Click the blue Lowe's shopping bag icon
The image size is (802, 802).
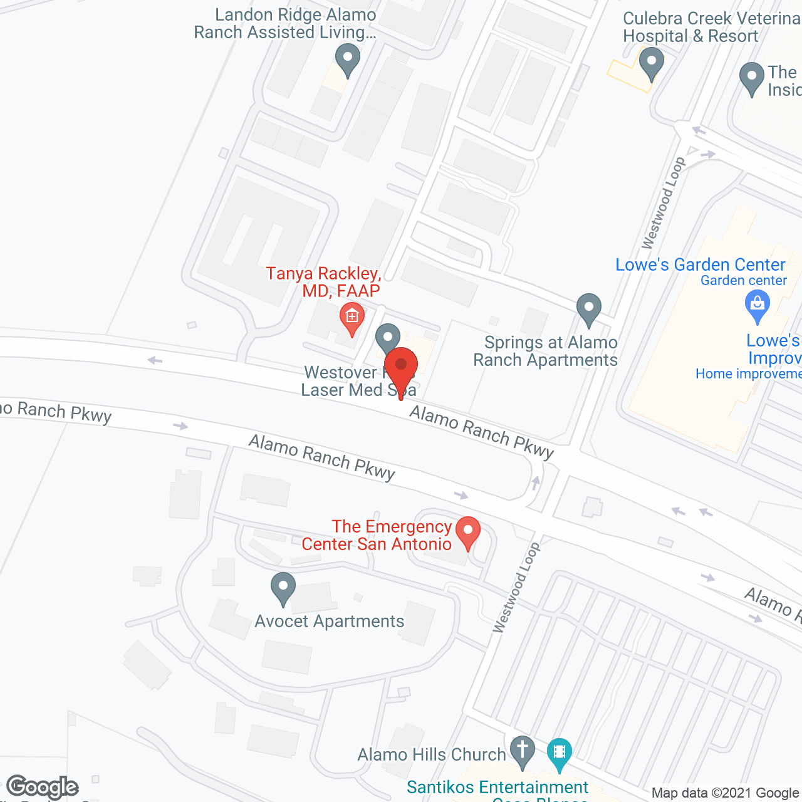tap(758, 306)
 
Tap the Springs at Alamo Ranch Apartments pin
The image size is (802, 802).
tap(588, 309)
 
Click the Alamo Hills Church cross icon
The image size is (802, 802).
tap(522, 751)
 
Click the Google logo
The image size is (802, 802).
tap(42, 787)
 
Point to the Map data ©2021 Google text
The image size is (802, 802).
tap(725, 793)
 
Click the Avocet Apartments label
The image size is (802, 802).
tap(330, 622)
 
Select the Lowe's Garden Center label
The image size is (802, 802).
tap(700, 265)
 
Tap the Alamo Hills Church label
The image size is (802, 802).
tap(432, 755)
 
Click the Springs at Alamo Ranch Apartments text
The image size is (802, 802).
tap(546, 352)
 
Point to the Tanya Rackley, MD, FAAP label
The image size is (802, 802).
tap(323, 282)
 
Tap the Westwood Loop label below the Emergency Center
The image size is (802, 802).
tap(516, 588)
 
